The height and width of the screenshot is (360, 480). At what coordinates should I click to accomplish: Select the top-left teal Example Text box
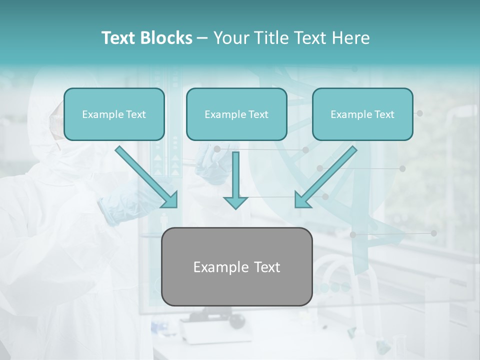click(114, 114)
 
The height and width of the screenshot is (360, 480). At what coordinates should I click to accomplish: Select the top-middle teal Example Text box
click(236, 114)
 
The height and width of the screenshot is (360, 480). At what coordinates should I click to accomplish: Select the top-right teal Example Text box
click(362, 114)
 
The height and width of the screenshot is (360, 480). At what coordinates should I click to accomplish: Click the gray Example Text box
click(236, 266)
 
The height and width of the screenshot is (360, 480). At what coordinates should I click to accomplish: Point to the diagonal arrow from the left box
click(145, 175)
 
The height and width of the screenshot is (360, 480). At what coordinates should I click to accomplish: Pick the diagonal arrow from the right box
click(327, 175)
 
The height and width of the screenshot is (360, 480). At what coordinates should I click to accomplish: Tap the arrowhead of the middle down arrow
click(235, 202)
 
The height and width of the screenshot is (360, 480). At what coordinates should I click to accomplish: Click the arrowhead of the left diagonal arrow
click(170, 200)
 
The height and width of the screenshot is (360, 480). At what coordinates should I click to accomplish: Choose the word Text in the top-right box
click(384, 114)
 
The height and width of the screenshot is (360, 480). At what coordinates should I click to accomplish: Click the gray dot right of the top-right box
click(420, 113)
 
